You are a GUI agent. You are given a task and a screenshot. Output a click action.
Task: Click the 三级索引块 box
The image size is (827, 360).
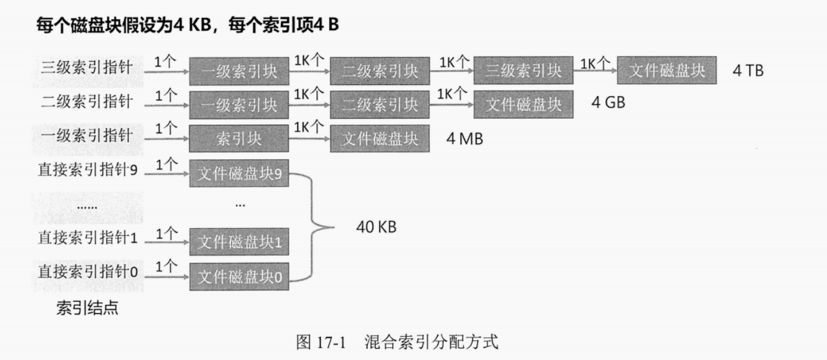[x=523, y=71]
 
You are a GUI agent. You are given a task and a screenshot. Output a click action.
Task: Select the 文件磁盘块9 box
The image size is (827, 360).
[x=239, y=173]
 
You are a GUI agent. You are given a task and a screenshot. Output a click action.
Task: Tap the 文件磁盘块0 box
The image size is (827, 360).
[x=239, y=277]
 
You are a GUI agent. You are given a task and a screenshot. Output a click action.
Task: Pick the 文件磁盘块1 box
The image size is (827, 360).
[x=239, y=242]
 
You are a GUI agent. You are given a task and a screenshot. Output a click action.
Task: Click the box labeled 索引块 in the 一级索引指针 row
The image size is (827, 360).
[x=239, y=139]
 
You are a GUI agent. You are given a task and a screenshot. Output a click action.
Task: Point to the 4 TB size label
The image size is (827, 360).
[x=749, y=71]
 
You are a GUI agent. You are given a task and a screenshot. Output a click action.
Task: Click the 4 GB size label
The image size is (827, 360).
[x=608, y=103]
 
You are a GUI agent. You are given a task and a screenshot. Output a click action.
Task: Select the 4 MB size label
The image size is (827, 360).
[x=465, y=139]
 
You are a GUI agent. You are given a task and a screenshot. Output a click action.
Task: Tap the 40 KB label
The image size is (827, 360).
[x=377, y=226]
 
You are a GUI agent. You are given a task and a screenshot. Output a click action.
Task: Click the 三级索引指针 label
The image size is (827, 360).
[x=87, y=67]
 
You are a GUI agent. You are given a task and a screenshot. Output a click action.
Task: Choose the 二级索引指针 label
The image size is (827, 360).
[x=87, y=101]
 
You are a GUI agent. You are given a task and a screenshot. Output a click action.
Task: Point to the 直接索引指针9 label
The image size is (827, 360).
[x=88, y=170]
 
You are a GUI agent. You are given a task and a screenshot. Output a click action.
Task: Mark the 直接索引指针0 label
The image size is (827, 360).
[x=88, y=273]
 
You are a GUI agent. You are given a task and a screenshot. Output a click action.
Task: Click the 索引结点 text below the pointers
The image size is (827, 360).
[x=87, y=308]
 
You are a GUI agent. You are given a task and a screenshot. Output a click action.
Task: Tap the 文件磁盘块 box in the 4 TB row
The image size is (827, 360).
[x=667, y=71]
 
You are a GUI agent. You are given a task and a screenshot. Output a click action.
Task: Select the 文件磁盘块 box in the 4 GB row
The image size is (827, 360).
[x=523, y=105]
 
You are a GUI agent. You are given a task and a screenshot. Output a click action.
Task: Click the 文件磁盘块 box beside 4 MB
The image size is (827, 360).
[x=380, y=139]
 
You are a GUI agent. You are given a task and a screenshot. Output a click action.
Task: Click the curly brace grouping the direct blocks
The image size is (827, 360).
[x=318, y=226]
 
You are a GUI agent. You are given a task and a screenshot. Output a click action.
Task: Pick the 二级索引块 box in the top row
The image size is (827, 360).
[x=380, y=71]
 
